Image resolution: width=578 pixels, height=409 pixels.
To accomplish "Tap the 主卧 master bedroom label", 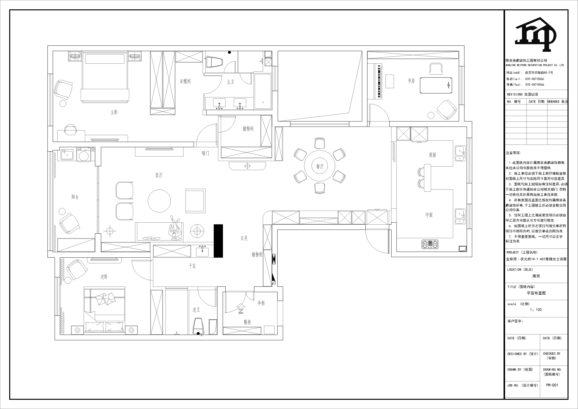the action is click(114, 112).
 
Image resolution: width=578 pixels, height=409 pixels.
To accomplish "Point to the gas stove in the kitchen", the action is click(430, 244).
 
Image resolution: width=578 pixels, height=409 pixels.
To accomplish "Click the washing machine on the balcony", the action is click(85, 154).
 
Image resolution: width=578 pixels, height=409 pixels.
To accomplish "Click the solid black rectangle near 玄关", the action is click(218, 241).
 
